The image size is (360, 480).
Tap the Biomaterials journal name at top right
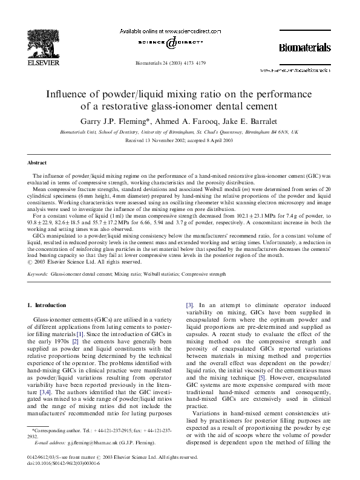click(x=304, y=47)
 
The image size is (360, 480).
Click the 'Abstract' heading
click(x=37, y=163)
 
